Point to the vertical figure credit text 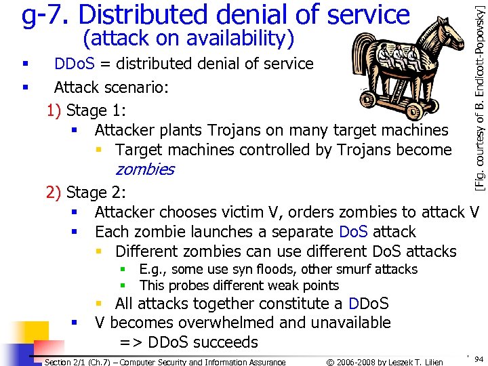coord(479,95)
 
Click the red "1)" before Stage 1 coord(54,110)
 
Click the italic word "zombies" coord(144,169)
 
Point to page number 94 coord(479,358)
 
